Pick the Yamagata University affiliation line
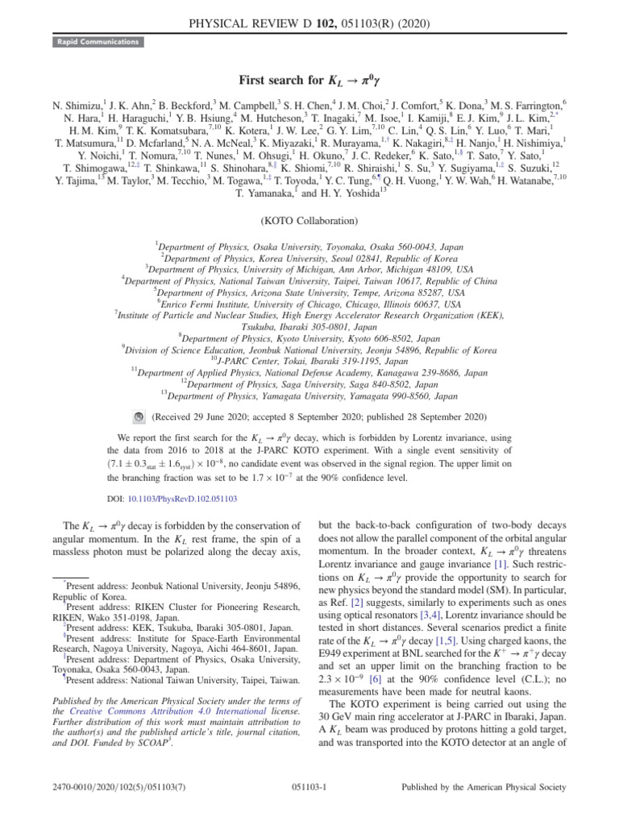pos(309,396)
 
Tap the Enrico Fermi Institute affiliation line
pos(309,305)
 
